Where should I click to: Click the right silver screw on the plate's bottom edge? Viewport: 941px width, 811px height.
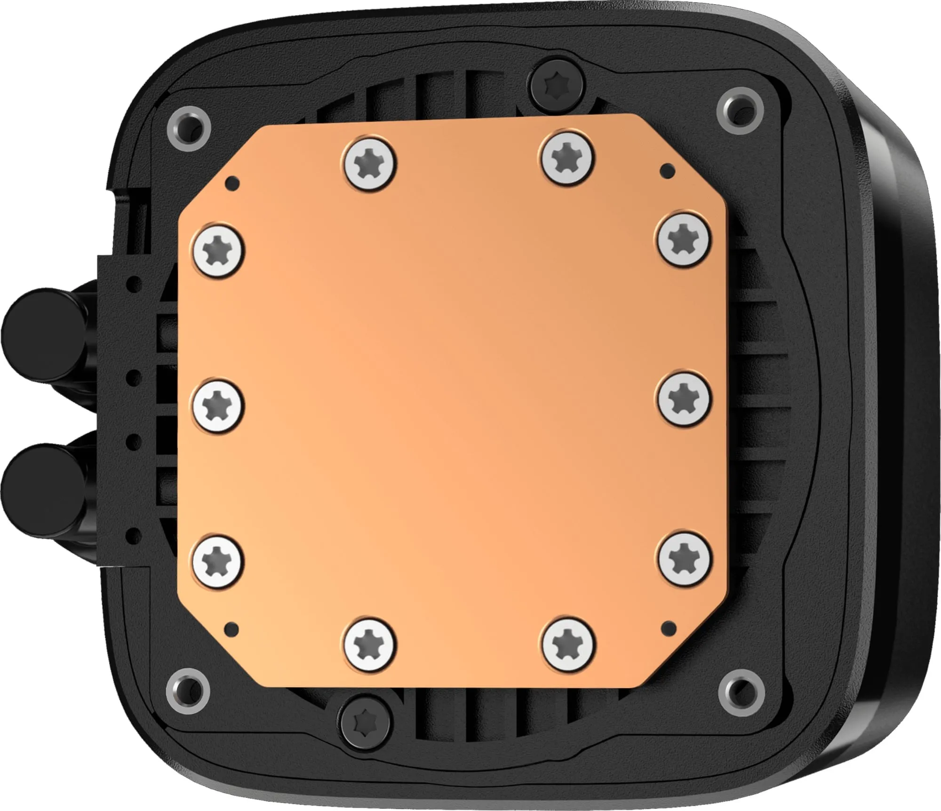(x=568, y=642)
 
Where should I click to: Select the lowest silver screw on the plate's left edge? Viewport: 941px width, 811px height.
(x=218, y=562)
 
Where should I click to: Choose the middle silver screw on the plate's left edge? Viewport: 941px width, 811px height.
(x=218, y=404)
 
